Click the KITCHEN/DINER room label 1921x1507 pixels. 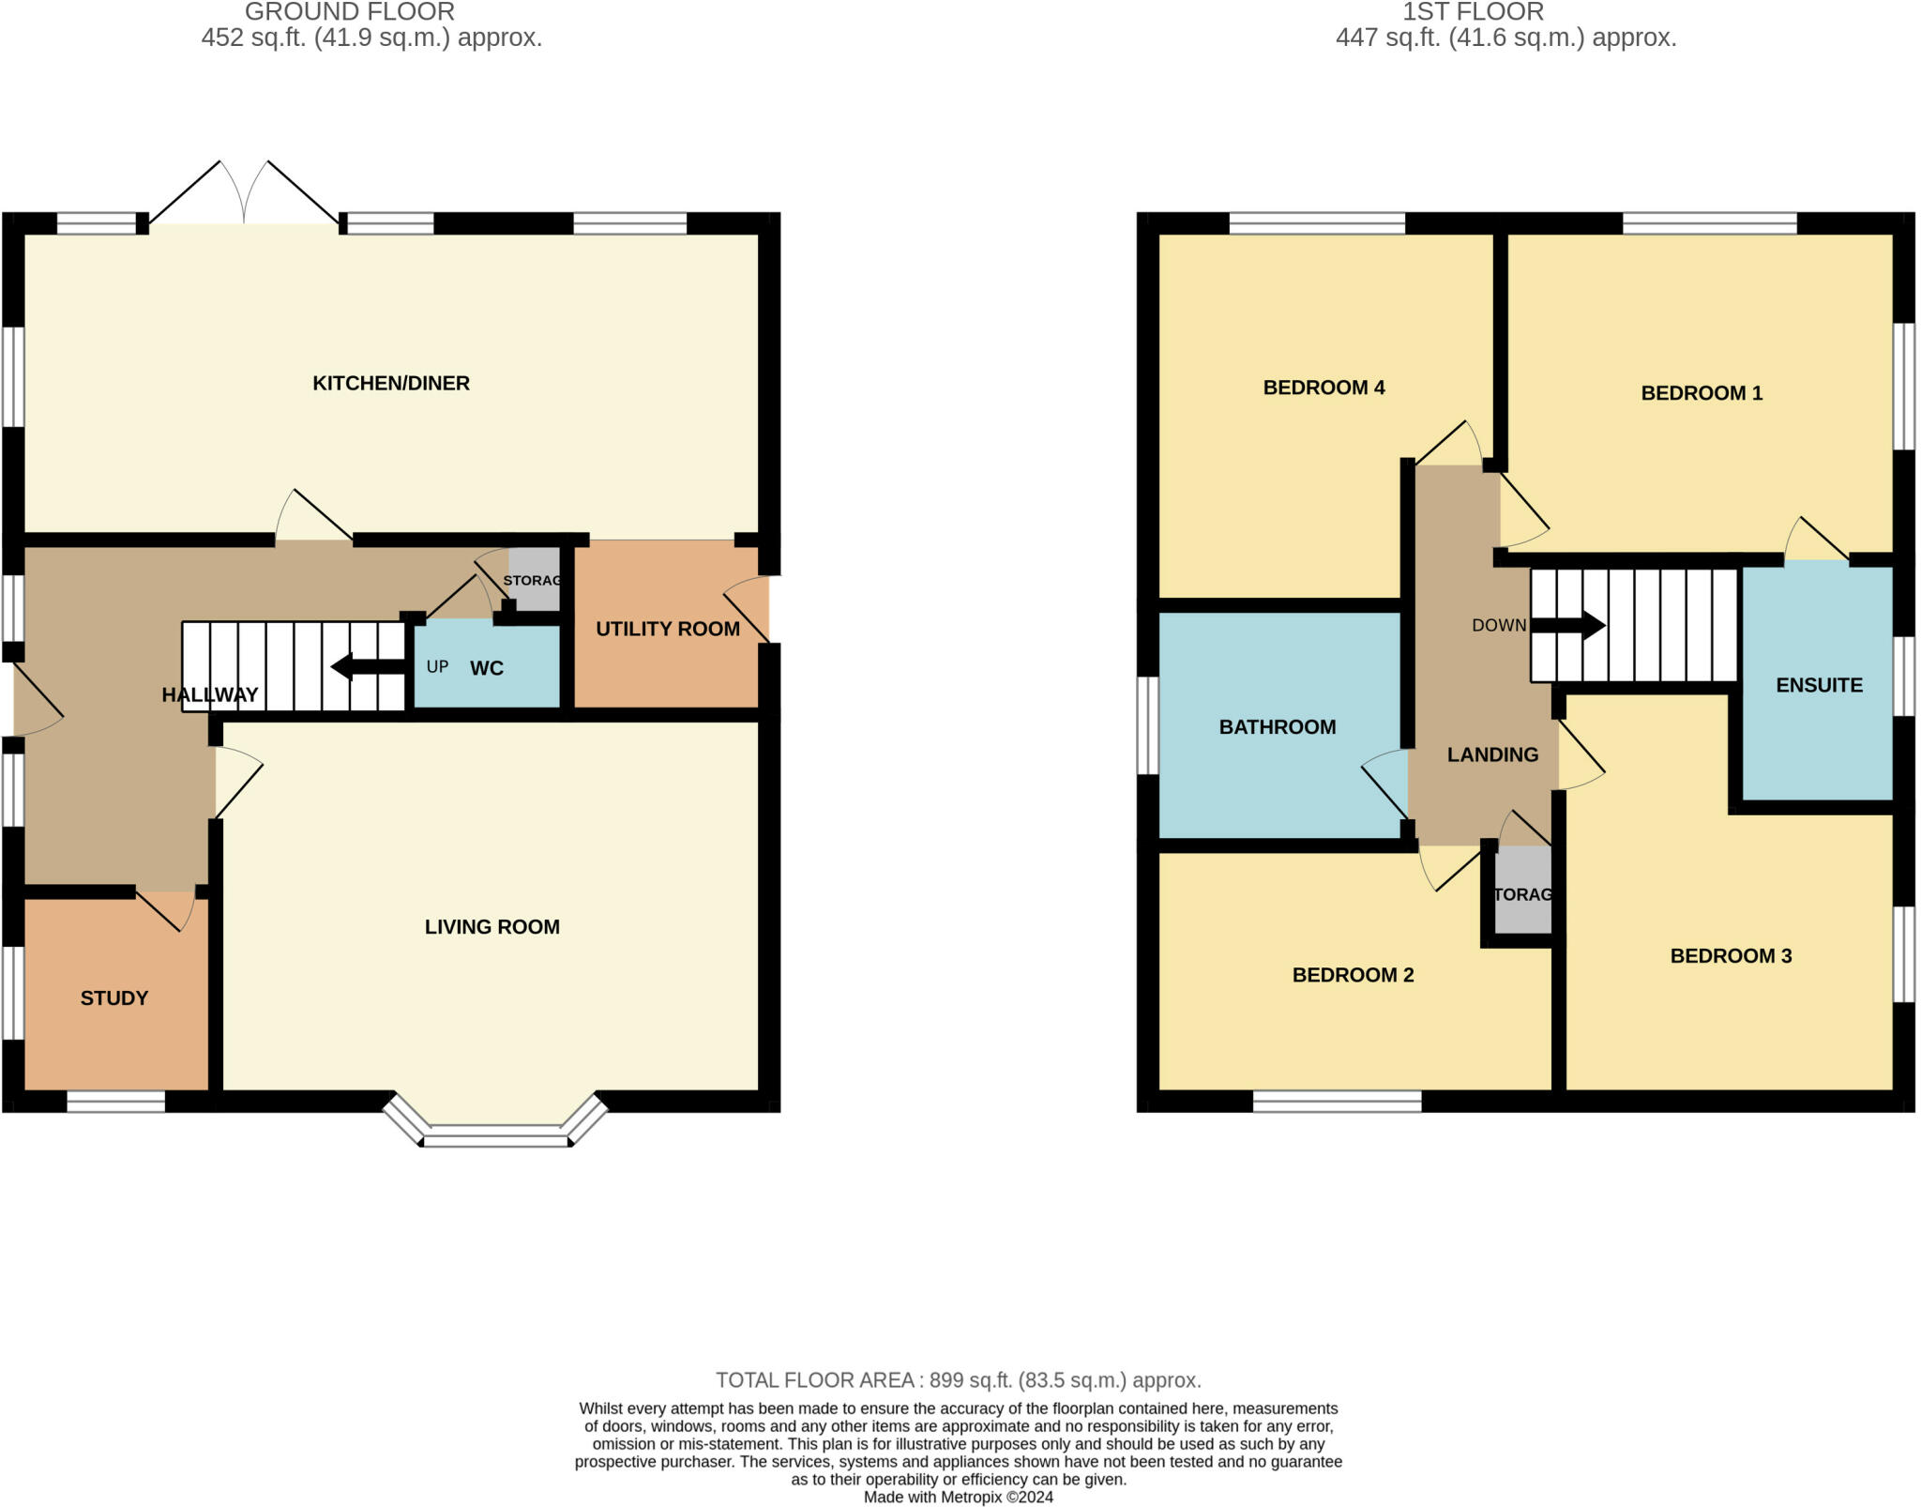390,383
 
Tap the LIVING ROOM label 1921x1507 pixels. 492,927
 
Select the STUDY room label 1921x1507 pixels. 114,998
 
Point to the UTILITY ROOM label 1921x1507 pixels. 668,629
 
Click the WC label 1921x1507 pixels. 487,668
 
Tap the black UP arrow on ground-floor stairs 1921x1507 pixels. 367,667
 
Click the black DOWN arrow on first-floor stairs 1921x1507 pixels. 1568,625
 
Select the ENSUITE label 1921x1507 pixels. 1819,685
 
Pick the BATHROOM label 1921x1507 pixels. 1278,727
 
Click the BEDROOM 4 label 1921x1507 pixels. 1324,388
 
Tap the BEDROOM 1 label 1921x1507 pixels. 1702,393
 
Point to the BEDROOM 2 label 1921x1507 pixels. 1353,975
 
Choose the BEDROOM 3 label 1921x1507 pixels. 1731,956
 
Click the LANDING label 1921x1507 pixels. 1492,754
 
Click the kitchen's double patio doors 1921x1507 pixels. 244,193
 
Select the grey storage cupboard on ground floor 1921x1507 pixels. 535,580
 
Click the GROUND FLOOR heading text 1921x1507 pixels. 350,12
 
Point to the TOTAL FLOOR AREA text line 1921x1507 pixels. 959,1380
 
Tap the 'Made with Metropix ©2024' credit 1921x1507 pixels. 959,1498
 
